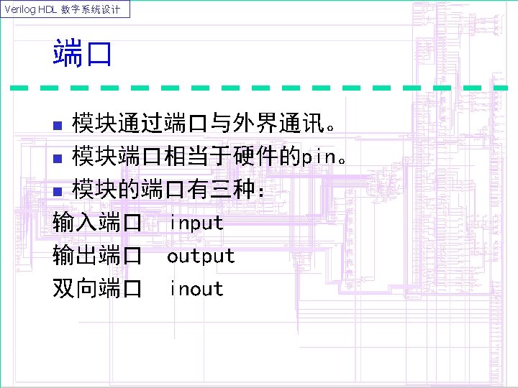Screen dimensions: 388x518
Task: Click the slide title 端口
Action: tap(82, 54)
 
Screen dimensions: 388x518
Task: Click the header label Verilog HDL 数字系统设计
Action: tap(65, 9)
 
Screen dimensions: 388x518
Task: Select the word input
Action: tap(196, 223)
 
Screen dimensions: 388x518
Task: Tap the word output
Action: tap(201, 256)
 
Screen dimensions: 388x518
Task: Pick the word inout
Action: tap(196, 289)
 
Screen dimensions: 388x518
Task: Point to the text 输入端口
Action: tap(97, 223)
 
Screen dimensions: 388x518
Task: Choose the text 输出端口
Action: tap(97, 256)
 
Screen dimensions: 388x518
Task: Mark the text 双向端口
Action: tap(97, 289)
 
